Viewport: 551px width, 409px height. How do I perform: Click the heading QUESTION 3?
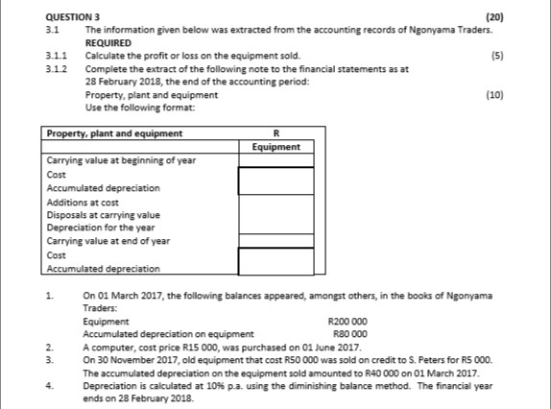tap(74, 17)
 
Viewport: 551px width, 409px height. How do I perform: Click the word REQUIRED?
tap(108, 43)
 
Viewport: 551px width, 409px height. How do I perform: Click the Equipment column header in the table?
tap(275, 147)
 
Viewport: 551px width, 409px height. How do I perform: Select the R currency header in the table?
tap(275, 133)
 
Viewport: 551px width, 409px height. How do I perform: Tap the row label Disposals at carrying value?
tap(103, 215)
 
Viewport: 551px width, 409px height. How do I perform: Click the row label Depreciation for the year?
tap(100, 229)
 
